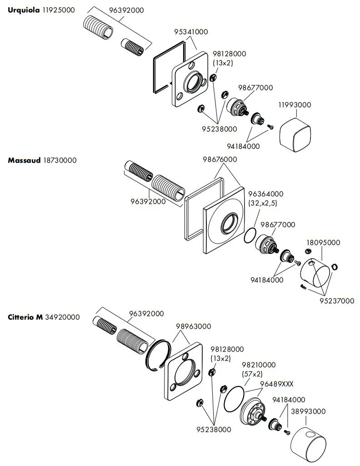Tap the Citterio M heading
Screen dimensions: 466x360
(25, 317)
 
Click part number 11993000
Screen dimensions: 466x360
(295, 105)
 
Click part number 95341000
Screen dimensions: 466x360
(191, 32)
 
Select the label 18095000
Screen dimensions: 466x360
(323, 242)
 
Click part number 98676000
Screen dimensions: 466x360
(220, 159)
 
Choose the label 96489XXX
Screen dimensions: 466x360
(276, 384)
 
